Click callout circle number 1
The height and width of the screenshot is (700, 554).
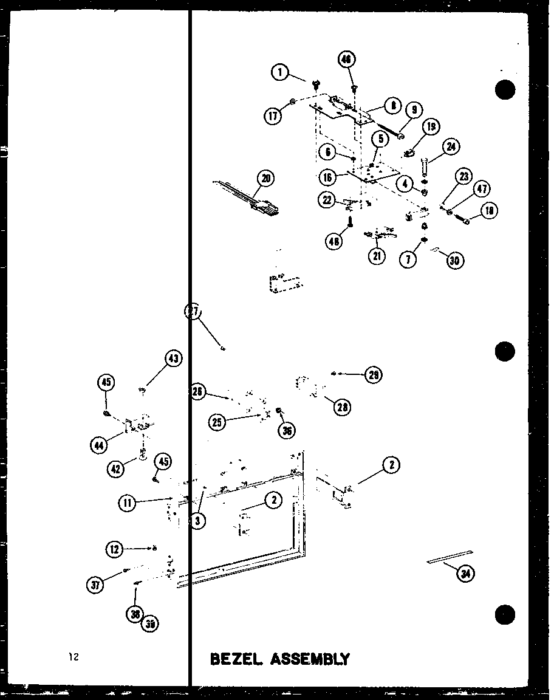[x=279, y=73]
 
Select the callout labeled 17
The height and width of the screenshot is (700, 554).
[x=274, y=115]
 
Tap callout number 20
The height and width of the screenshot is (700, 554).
[x=265, y=178]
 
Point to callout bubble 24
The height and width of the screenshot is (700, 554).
[x=450, y=146]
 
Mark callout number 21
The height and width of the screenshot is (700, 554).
[x=377, y=256]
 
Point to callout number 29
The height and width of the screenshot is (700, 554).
[x=373, y=375]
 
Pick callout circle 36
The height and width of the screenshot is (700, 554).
[x=287, y=430]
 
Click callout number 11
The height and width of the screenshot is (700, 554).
[x=128, y=503]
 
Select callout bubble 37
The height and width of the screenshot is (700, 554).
[x=95, y=585]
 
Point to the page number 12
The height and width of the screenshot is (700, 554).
[x=74, y=657]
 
